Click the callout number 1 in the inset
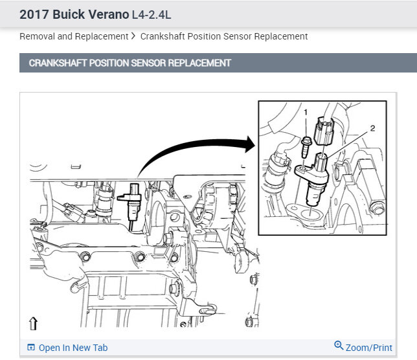[306, 112]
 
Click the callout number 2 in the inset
[372, 128]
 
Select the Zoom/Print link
[369, 348]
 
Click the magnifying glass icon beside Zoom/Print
[339, 345]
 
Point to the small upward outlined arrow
[33, 323]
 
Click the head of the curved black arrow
[250, 144]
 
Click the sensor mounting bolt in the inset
[306, 147]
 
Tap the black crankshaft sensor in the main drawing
[130, 202]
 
